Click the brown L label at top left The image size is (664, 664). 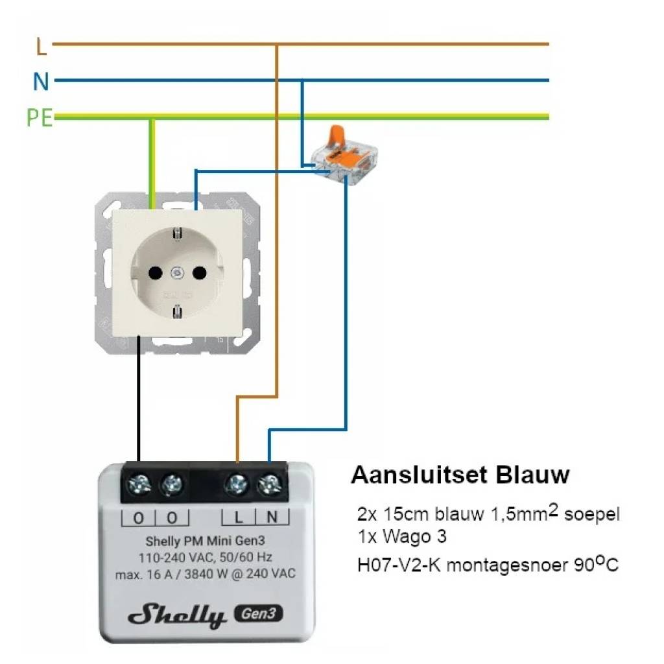[41, 47]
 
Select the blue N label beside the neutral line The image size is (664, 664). [41, 82]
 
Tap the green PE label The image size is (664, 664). [40, 119]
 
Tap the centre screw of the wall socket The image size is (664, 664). [177, 273]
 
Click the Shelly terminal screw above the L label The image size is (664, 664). [238, 483]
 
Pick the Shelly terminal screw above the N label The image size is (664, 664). [270, 483]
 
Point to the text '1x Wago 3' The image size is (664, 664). [402, 538]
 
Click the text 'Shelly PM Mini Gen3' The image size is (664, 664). [204, 541]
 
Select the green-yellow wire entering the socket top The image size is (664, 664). [152, 162]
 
